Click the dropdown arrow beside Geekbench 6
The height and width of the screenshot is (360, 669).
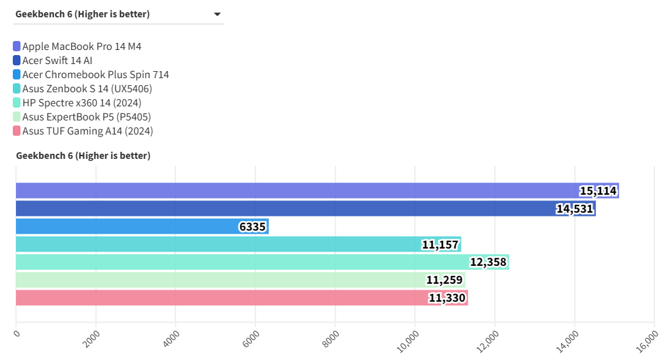click(217, 14)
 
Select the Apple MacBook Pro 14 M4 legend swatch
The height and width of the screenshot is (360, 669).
click(17, 46)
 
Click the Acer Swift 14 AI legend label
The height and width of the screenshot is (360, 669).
click(57, 60)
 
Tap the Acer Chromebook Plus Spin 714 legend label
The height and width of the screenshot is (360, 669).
click(95, 74)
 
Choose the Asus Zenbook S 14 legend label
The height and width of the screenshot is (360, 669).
click(87, 88)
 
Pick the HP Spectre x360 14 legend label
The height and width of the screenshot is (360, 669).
click(81, 102)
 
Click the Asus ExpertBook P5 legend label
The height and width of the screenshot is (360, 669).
click(86, 117)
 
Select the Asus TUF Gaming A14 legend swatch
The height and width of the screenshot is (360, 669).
click(17, 131)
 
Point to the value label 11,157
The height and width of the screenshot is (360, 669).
click(440, 244)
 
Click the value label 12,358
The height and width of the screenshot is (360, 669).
click(488, 262)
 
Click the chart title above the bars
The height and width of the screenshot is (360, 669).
click(83, 156)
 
